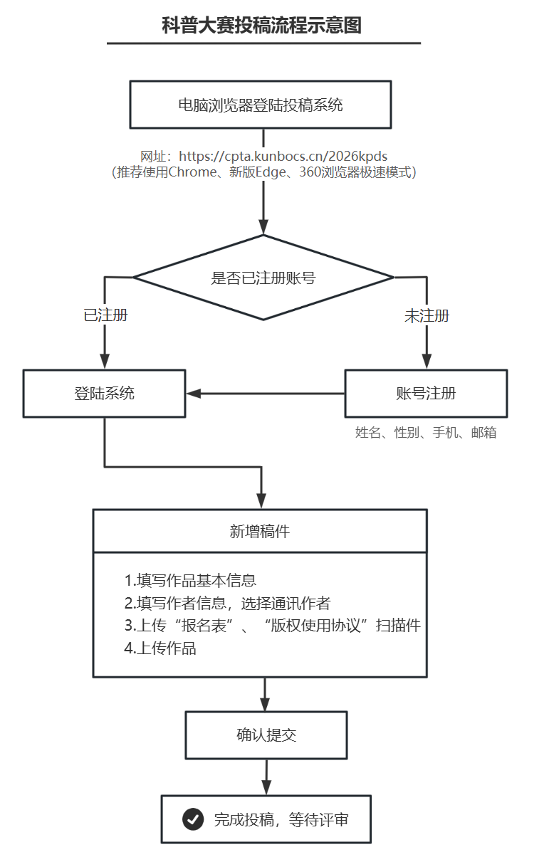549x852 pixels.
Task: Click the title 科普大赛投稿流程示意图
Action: click(x=262, y=26)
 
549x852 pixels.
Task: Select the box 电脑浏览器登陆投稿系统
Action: click(x=260, y=105)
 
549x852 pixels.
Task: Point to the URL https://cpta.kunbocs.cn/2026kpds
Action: click(x=283, y=156)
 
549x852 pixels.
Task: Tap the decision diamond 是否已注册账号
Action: click(x=263, y=278)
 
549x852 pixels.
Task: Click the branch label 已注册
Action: click(x=105, y=315)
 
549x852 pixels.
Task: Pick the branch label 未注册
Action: click(x=427, y=316)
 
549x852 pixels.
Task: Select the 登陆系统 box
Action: click(x=105, y=393)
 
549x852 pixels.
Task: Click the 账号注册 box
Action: click(x=426, y=393)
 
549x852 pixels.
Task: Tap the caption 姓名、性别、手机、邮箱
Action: click(x=426, y=432)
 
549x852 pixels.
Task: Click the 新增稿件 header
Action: click(x=260, y=531)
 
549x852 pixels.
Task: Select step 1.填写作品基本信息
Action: click(x=190, y=579)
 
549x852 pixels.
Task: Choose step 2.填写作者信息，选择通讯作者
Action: click(x=227, y=603)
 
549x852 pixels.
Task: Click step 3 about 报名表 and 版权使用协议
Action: click(x=272, y=626)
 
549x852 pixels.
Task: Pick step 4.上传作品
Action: click(x=160, y=648)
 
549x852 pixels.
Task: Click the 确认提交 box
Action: click(x=266, y=735)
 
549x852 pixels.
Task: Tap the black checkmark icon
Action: click(x=192, y=819)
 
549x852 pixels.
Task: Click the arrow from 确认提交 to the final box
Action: click(x=266, y=777)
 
